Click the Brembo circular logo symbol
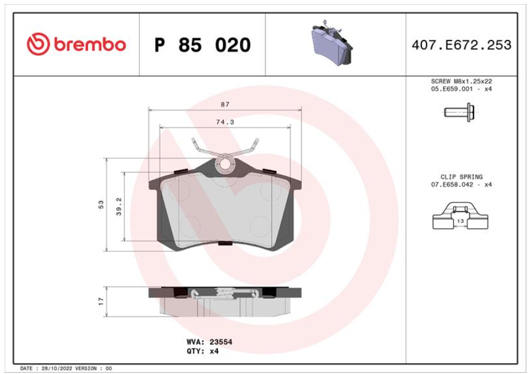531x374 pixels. [x=38, y=44]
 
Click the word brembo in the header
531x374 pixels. [x=90, y=45]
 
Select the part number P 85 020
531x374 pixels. [x=202, y=45]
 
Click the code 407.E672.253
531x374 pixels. [x=461, y=45]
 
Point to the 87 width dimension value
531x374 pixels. [x=225, y=104]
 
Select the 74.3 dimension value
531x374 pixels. [x=225, y=122]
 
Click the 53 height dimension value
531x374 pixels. [x=101, y=204]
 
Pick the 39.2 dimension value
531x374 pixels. [x=119, y=207]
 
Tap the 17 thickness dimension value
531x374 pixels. [x=101, y=301]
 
